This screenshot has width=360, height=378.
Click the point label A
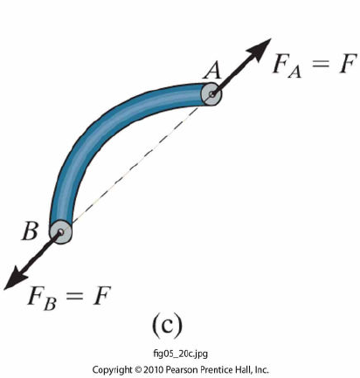pyautogui.click(x=212, y=72)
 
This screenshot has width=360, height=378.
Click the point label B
pyautogui.click(x=30, y=231)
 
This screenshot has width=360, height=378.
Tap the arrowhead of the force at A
pyautogui.click(x=260, y=50)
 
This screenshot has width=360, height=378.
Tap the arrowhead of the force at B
pyautogui.click(x=16, y=278)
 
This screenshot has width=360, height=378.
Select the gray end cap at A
pyautogui.click(x=211, y=94)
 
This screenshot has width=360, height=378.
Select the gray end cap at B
pyautogui.click(x=60, y=232)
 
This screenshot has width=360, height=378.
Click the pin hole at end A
pyautogui.click(x=212, y=93)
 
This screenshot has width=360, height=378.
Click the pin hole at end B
pyautogui.click(x=60, y=232)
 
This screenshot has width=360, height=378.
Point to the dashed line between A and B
pyautogui.click(x=136, y=163)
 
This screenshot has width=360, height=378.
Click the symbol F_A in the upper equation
pyautogui.click(x=287, y=65)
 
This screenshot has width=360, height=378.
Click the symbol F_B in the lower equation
pyautogui.click(x=41, y=299)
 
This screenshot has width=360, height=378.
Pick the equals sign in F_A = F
pyautogui.click(x=321, y=64)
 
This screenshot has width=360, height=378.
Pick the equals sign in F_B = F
pyautogui.click(x=75, y=296)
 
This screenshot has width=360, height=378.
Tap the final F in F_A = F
pyautogui.click(x=347, y=63)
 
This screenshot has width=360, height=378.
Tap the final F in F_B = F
pyautogui.click(x=102, y=296)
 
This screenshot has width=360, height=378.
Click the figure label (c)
pyautogui.click(x=167, y=326)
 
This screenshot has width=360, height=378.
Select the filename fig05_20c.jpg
pyautogui.click(x=181, y=354)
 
